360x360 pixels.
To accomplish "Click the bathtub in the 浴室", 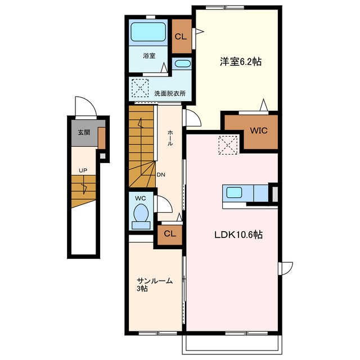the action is click(148, 31).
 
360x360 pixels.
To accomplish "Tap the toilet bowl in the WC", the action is click(141, 213).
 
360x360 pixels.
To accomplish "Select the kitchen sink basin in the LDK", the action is click(234, 192).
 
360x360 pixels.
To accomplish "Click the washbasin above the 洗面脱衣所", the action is click(181, 64).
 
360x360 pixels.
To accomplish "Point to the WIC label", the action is click(259, 130).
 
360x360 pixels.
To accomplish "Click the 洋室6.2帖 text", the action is click(240, 61).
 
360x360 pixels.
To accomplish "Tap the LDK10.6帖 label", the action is click(238, 235).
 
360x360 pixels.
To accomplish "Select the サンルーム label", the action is click(155, 281).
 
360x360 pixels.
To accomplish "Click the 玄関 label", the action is click(84, 132).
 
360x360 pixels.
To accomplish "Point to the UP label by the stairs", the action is click(83, 170).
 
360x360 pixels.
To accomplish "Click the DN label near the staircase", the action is click(161, 175).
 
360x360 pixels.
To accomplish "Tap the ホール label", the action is click(170, 137).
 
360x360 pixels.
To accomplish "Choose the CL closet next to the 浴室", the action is click(182, 36).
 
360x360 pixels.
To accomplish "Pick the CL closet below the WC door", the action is click(170, 235).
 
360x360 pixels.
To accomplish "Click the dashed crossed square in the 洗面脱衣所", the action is click(140, 88).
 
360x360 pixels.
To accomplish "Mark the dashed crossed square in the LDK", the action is click(228, 145).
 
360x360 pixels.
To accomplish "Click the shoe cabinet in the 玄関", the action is click(102, 138).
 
